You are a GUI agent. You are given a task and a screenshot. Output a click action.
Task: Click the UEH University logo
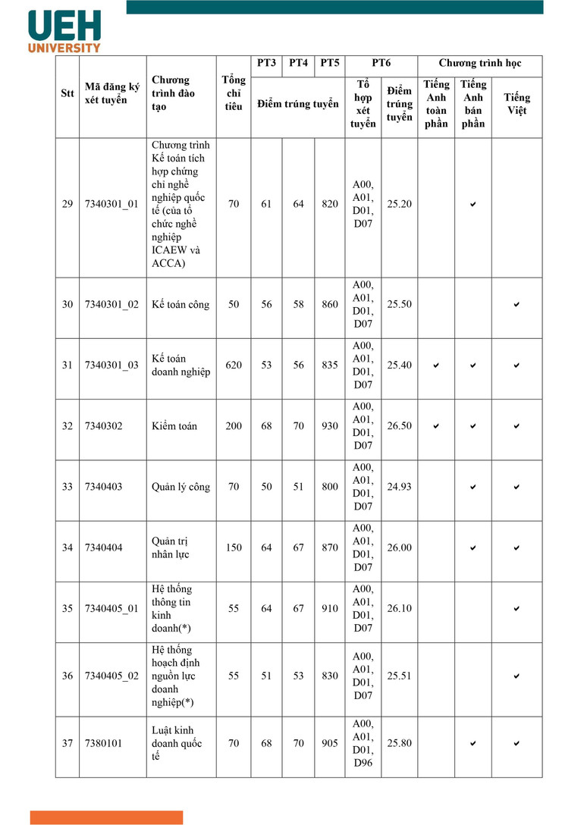(x=64, y=31)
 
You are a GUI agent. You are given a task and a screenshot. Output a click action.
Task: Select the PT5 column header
(x=329, y=63)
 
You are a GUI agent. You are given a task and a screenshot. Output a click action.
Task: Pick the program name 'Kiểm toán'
(x=174, y=426)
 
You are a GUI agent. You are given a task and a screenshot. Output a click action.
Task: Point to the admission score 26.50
(x=399, y=426)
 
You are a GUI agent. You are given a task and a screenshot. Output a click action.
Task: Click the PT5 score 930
(x=329, y=426)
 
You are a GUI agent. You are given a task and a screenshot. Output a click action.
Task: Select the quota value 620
(x=234, y=365)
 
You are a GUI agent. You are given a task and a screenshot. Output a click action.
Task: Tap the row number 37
(x=68, y=743)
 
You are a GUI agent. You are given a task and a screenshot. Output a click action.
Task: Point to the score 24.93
(x=399, y=487)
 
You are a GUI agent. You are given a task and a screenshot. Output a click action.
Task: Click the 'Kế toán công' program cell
(x=180, y=305)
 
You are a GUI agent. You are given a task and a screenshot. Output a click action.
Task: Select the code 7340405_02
(x=111, y=676)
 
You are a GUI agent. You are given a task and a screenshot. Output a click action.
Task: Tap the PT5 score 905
(x=329, y=743)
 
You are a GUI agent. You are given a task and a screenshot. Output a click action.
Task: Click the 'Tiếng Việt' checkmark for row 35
(x=516, y=609)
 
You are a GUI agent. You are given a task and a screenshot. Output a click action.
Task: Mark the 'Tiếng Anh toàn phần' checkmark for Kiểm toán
(x=436, y=426)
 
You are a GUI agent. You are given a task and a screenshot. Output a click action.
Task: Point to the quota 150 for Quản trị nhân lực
(x=234, y=547)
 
